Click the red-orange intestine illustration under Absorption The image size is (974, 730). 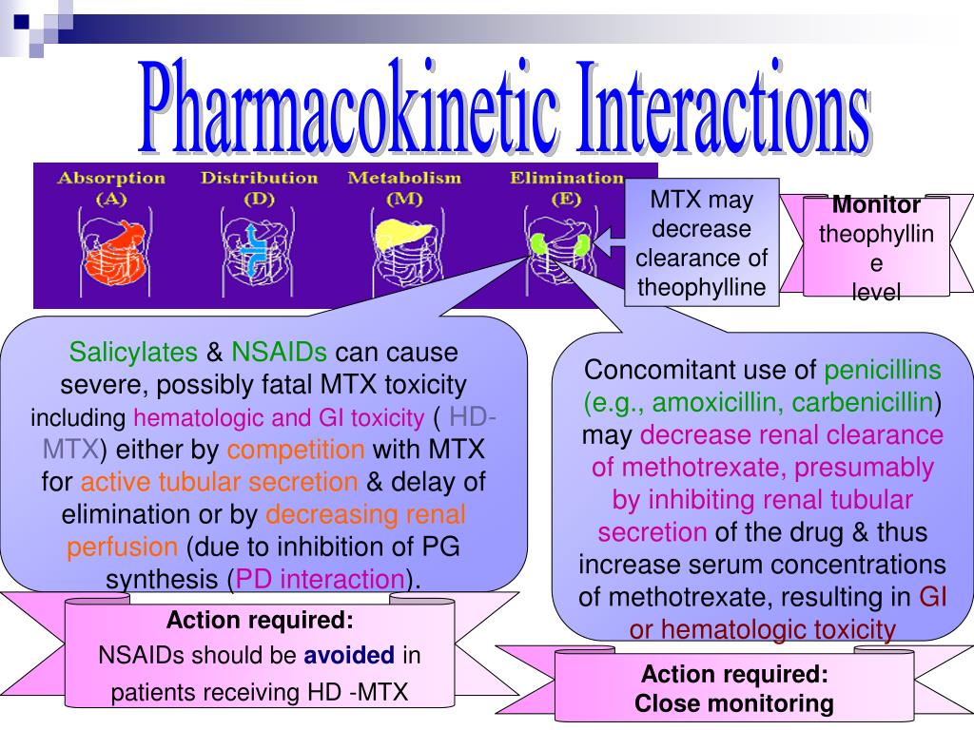pyautogui.click(x=113, y=253)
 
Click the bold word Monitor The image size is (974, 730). pyautogui.click(x=876, y=204)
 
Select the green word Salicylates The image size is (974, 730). pyautogui.click(x=132, y=353)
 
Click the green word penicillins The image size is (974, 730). pyautogui.click(x=883, y=370)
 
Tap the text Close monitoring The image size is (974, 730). pyautogui.click(x=733, y=704)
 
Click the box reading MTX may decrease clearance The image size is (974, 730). pyautogui.click(x=701, y=243)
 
